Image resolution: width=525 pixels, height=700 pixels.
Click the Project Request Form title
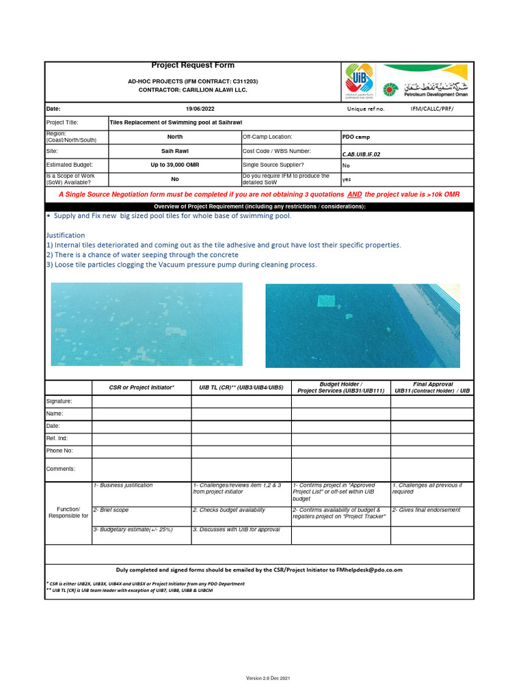pyautogui.click(x=193, y=66)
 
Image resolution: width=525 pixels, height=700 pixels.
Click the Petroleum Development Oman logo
pyautogui.click(x=425, y=82)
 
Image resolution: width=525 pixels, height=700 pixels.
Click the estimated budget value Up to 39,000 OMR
pyautogui.click(x=174, y=165)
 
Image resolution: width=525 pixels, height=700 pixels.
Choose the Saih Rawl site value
pyautogui.click(x=174, y=150)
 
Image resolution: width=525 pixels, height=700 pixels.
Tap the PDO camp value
pyautogui.click(x=356, y=137)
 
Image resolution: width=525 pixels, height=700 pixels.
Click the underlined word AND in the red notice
pyautogui.click(x=351, y=194)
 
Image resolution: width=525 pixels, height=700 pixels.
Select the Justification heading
pyautogui.click(x=66, y=234)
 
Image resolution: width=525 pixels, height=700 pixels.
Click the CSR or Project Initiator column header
pyautogui.click(x=142, y=388)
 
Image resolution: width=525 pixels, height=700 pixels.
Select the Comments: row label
pyautogui.click(x=61, y=469)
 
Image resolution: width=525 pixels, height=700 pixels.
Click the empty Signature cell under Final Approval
pyautogui.click(x=431, y=401)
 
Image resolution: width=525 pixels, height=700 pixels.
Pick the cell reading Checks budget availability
pyautogui.click(x=229, y=510)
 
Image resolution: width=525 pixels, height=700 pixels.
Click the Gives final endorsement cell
pyautogui.click(x=426, y=510)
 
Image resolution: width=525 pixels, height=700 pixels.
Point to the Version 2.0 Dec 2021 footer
pyautogui.click(x=268, y=677)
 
